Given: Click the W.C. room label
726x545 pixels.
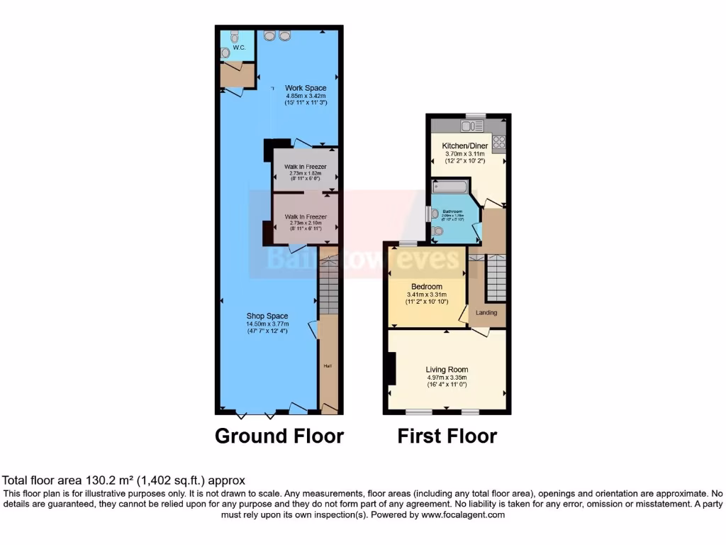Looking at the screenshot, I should click(239, 48).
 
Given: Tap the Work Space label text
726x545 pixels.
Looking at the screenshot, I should click(306, 88).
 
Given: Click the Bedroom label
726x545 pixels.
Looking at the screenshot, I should click(425, 287).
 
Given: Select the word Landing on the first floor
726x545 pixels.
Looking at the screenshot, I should click(486, 312).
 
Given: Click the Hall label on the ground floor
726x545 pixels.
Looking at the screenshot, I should click(328, 366).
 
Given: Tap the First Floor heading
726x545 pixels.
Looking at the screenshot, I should click(447, 436).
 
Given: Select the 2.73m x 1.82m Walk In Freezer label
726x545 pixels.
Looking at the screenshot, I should click(306, 173).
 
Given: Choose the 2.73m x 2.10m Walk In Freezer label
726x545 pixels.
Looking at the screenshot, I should click(306, 223).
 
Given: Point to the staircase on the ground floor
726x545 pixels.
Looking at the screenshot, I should click(328, 287).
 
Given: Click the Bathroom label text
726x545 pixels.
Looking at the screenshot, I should click(452, 211).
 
